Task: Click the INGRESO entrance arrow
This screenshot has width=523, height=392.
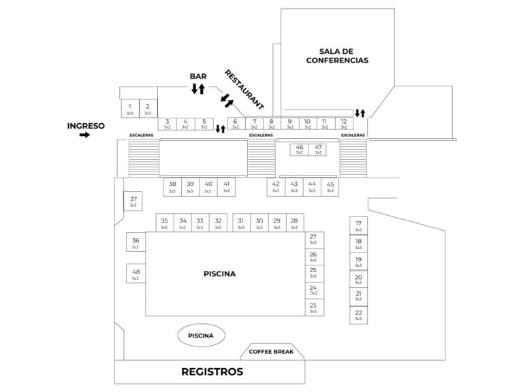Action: coord(84,135)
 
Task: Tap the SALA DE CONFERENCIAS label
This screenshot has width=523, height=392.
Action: coord(344,56)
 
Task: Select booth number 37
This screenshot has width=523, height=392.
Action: coord(133,201)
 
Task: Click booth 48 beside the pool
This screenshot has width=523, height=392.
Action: coord(135,274)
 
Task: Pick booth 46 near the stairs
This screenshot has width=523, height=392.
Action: coord(300,149)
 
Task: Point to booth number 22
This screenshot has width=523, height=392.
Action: coord(358,315)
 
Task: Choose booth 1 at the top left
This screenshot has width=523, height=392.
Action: coord(129,109)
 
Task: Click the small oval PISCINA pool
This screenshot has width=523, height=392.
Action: coord(201,336)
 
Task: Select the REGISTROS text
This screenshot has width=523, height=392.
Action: coord(212,372)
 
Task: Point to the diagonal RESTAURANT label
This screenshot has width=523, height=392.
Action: coord(244,90)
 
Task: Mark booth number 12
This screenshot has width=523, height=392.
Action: coord(344,123)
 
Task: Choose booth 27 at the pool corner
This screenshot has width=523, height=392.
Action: coord(313,240)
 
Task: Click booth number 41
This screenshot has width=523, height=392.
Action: coord(226,186)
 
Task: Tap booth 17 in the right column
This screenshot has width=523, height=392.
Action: coord(358,227)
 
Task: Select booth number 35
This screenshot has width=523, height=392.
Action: coord(164,223)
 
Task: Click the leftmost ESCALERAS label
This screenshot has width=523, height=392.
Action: coord(142,135)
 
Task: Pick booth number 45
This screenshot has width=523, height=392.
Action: coord(330,186)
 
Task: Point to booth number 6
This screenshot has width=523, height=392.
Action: coord(236,123)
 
